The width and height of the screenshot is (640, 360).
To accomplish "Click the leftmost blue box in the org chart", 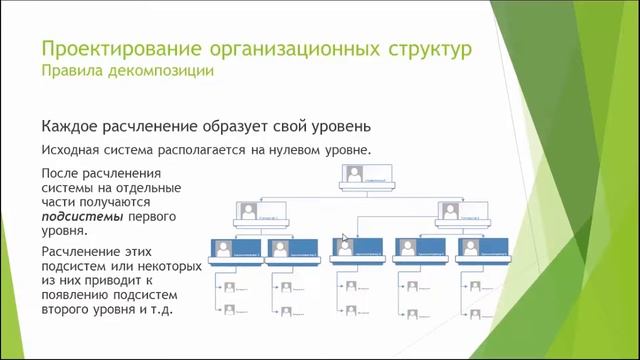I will tap(236, 247).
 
